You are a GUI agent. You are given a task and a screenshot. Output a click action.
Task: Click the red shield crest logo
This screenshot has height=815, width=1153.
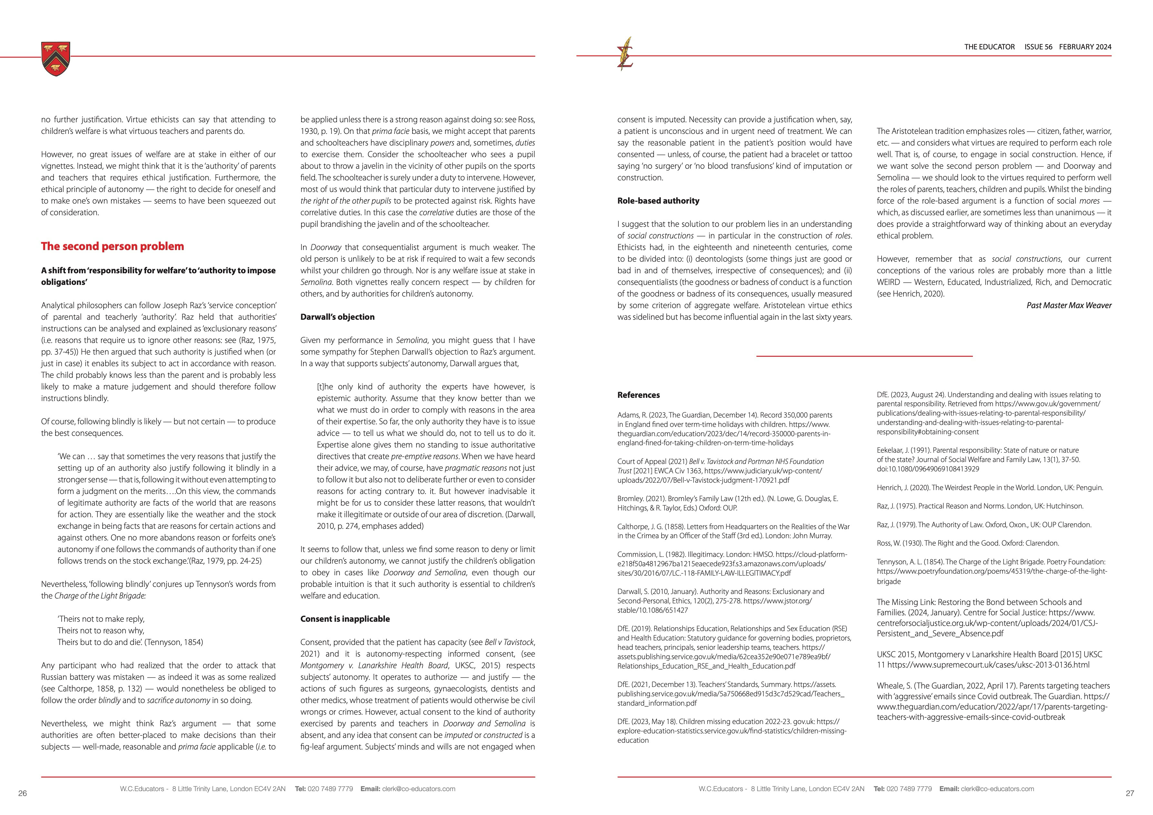(56, 59)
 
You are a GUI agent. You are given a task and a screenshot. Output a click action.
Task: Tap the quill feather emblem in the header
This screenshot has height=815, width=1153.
(625, 53)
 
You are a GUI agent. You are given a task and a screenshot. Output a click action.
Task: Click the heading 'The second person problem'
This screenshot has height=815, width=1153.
(112, 247)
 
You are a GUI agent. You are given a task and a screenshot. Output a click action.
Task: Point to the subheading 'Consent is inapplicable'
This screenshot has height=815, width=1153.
(345, 619)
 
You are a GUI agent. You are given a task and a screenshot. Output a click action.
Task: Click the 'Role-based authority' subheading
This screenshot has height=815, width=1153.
(658, 201)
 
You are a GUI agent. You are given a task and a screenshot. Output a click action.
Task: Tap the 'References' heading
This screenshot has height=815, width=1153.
(638, 395)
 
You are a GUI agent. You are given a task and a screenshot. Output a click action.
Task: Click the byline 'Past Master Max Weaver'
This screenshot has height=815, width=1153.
(1069, 306)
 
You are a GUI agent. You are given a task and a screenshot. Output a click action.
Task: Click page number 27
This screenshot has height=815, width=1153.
(1130, 793)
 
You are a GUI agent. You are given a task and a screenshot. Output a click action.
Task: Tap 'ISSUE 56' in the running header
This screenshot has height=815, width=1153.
(1038, 47)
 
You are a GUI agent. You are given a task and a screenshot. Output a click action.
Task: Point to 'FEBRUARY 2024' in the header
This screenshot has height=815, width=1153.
(1085, 47)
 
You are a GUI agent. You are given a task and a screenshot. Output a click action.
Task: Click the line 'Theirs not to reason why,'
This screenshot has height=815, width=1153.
(101, 631)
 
